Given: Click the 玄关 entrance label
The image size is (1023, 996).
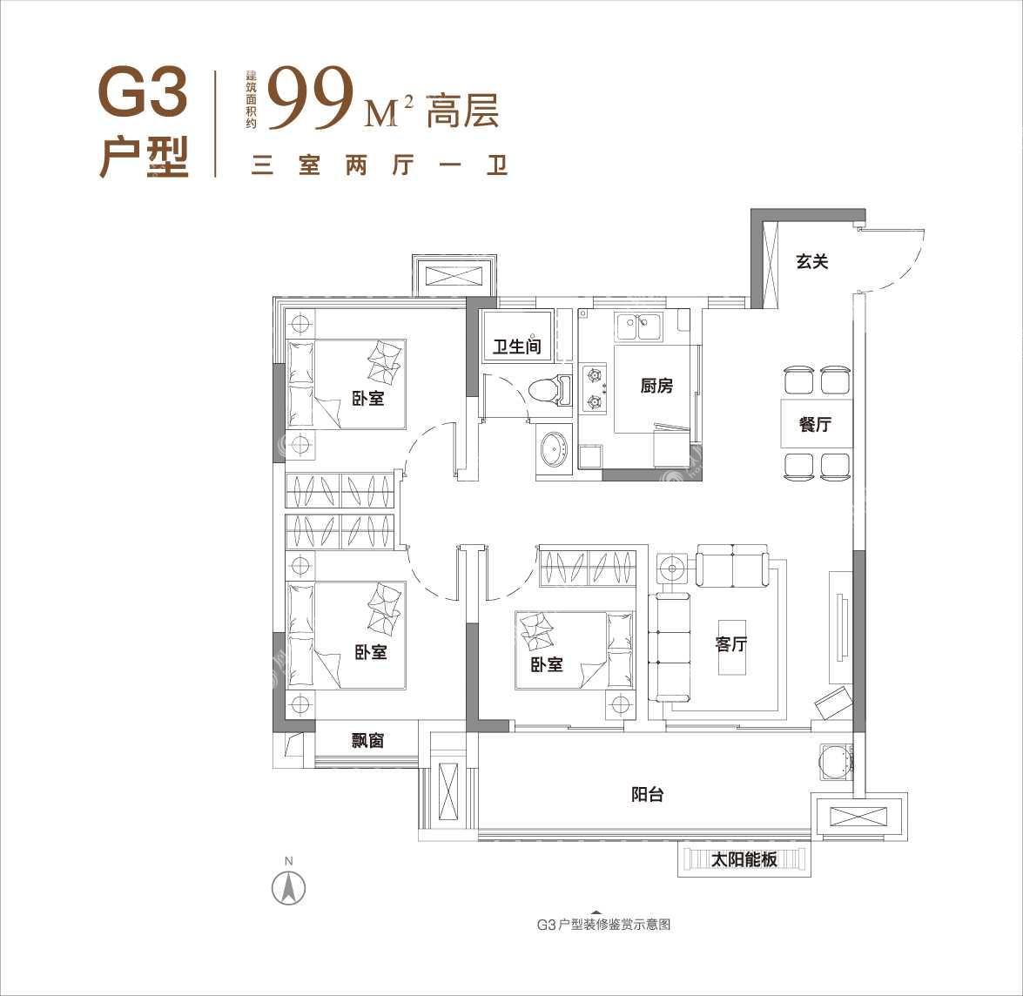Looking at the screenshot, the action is click(x=811, y=262).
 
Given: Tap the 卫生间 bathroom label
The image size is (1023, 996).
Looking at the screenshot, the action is click(x=516, y=347).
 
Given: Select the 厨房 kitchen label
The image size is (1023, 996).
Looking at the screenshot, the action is click(x=656, y=387).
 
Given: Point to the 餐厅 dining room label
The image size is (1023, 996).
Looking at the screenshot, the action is click(x=815, y=424).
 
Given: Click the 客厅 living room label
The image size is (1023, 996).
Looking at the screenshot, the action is click(x=730, y=644).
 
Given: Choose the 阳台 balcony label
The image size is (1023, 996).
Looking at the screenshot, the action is click(x=647, y=795).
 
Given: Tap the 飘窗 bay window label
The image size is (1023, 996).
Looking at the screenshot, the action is click(x=367, y=740).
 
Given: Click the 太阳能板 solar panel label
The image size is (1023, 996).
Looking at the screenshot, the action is click(x=744, y=859).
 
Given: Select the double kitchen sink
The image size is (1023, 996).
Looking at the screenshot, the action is click(x=639, y=326).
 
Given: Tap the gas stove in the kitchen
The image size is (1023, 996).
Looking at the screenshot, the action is click(x=594, y=387).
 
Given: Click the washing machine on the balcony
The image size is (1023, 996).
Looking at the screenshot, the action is click(x=835, y=761).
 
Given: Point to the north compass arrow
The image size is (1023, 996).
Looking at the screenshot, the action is click(x=289, y=887).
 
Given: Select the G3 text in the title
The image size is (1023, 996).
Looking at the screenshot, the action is click(x=143, y=92).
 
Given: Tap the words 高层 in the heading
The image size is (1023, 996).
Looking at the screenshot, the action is click(x=462, y=111).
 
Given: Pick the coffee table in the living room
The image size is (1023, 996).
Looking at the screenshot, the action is click(x=730, y=647).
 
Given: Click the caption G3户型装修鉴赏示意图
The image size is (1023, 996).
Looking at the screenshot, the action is click(x=603, y=925).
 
